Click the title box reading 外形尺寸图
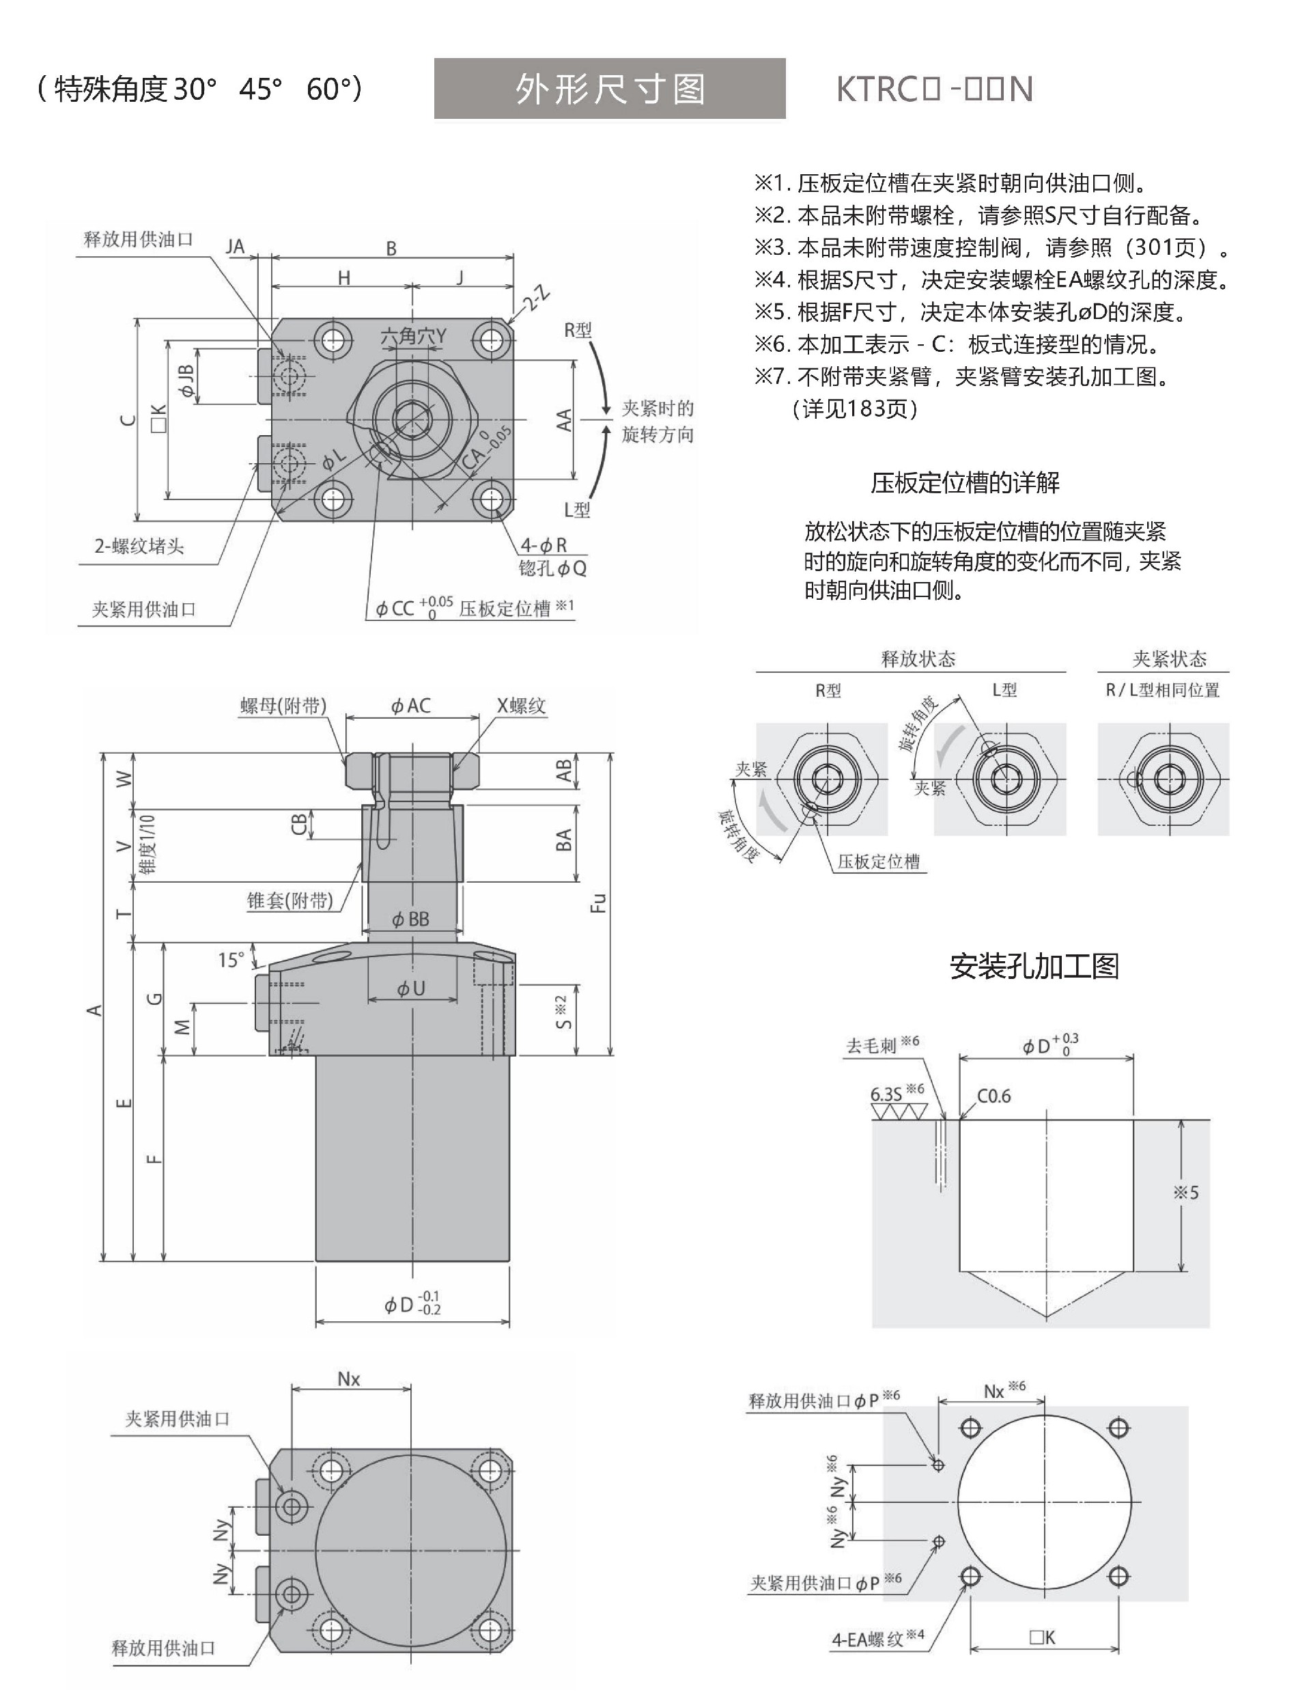[x=610, y=89]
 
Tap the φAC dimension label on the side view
[x=410, y=706]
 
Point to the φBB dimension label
[x=410, y=919]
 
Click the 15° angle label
[x=231, y=960]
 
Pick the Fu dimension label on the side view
[x=598, y=902]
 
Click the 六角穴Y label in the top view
[x=413, y=336]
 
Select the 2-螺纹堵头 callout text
[x=139, y=546]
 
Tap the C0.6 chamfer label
[x=993, y=1096]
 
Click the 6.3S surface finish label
[x=886, y=1094]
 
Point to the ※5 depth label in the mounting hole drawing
[x=1186, y=1192]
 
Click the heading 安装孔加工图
[x=1034, y=966]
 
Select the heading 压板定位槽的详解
[x=965, y=483]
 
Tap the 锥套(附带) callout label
[x=290, y=900]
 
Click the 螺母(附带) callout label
[x=283, y=706]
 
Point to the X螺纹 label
[x=522, y=706]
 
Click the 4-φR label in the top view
[x=544, y=545]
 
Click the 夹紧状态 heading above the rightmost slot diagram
[x=1170, y=659]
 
